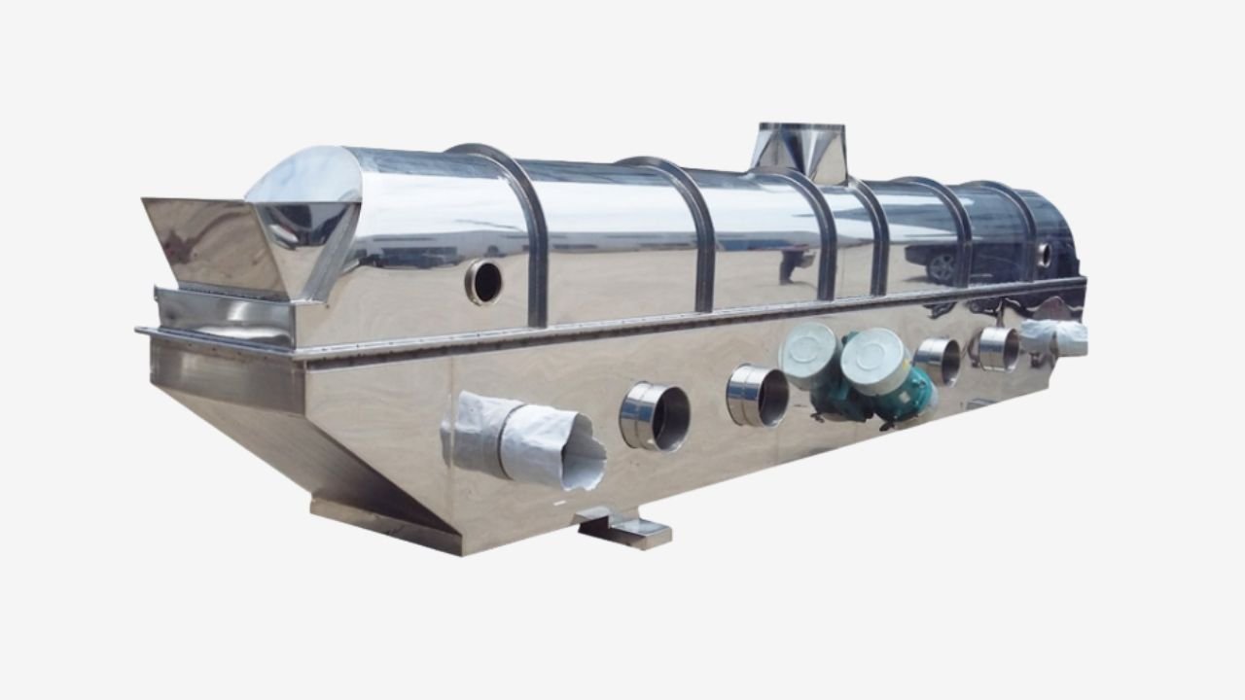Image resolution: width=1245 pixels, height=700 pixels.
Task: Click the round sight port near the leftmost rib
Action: pos(483,282)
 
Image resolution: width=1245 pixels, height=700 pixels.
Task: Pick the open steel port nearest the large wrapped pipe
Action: pos(655,416)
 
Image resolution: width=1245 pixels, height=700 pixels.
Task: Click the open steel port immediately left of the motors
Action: pos(758,396)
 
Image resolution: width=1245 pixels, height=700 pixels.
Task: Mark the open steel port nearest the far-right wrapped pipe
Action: pos(998,348)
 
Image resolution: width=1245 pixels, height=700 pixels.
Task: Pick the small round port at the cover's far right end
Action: pos(1045,255)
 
